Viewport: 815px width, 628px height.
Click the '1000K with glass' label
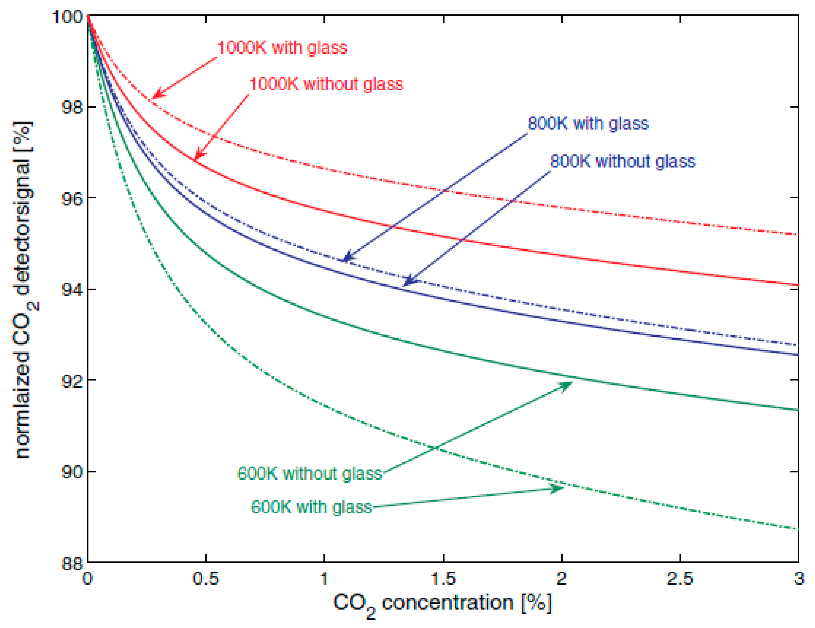(282, 48)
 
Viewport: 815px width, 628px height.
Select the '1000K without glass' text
(326, 84)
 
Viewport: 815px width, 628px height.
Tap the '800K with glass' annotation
(588, 124)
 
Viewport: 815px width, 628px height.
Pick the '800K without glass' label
(623, 161)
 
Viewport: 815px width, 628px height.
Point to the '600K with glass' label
(311, 507)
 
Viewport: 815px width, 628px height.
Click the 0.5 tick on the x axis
(206, 579)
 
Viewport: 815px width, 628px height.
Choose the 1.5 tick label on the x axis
(443, 579)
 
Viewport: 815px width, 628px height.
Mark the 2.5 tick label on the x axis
(680, 579)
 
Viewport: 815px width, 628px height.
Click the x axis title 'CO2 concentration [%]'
(442, 604)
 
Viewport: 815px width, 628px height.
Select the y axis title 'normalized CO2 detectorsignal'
(23, 289)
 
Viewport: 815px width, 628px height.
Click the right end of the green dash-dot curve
(797, 529)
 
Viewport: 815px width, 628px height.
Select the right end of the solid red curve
(797, 285)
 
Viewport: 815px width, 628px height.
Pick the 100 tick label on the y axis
(67, 17)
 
